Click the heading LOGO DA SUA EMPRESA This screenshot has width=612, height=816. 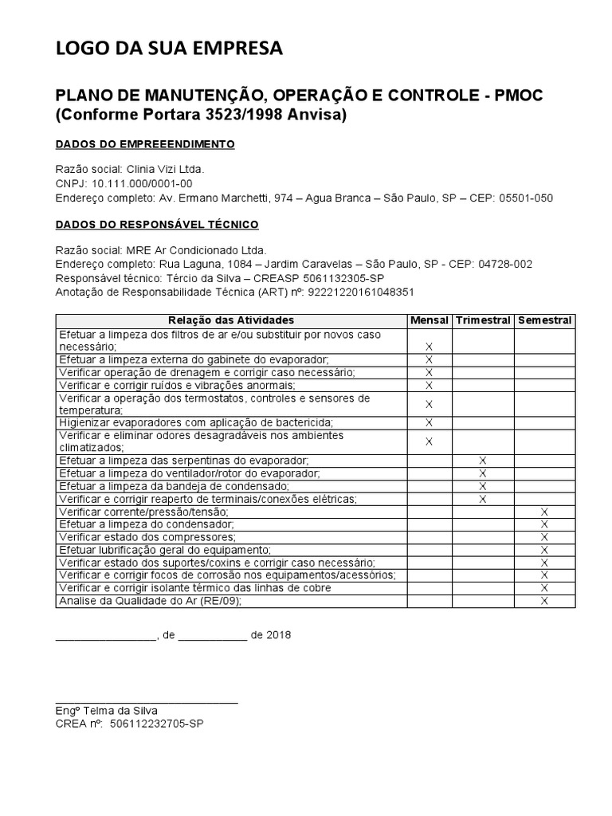pos(168,50)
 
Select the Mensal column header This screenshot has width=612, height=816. pos(429,320)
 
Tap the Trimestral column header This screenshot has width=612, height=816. pos(483,320)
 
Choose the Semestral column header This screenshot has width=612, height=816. pos(544,320)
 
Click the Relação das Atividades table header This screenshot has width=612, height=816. pos(232,320)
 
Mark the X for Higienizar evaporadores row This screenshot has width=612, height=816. pos(429,422)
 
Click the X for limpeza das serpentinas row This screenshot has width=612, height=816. pos(483,461)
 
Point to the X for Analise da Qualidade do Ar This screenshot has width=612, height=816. pos(544,601)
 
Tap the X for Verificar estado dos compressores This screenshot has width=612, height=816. pos(544,537)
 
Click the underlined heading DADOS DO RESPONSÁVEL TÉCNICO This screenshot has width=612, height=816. pos(156,226)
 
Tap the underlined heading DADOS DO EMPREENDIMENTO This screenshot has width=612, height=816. pos(144,144)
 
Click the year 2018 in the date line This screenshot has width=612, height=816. pos(279,635)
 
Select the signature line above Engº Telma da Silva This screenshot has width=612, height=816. pos(147,701)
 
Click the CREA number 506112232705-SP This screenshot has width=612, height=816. pos(163,724)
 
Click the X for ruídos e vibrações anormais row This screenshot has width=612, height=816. pos(429,385)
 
